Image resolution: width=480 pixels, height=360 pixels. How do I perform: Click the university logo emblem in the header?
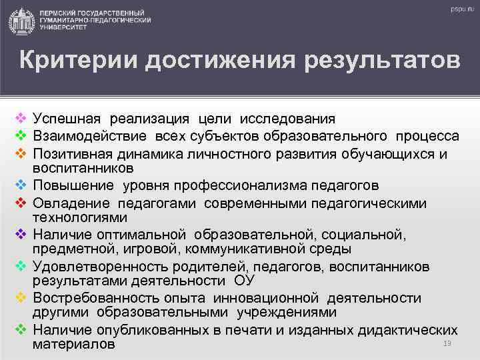(x=23, y=21)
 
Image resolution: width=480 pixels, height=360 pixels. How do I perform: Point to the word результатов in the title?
(x=382, y=61)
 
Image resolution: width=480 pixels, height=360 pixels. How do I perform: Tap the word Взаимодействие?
(x=92, y=136)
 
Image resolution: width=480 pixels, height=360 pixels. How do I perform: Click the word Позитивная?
(x=72, y=153)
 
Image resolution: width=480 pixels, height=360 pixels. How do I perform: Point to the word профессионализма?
(x=246, y=185)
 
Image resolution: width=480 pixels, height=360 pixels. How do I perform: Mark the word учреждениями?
(x=291, y=312)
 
